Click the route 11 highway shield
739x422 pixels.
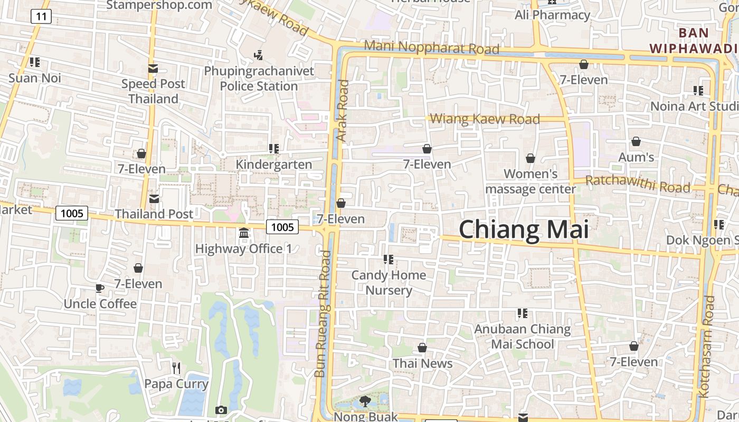click(x=41, y=16)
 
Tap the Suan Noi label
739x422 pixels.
click(x=35, y=78)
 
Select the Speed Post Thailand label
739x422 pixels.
click(x=154, y=91)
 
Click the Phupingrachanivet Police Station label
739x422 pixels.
click(x=259, y=78)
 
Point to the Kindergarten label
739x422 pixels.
click(x=273, y=165)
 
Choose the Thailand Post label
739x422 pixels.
click(x=154, y=214)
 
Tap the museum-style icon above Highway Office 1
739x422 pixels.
click(x=244, y=233)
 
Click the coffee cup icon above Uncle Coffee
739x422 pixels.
click(x=100, y=288)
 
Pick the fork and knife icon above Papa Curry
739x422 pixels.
click(x=176, y=368)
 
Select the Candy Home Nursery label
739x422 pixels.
click(x=389, y=283)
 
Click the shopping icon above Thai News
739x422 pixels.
click(x=422, y=348)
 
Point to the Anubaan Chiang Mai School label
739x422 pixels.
click(x=522, y=337)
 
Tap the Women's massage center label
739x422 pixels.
click(x=530, y=181)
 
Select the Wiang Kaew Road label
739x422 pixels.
click(x=485, y=119)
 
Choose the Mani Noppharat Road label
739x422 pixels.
click(x=431, y=47)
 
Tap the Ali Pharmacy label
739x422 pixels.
click(x=552, y=15)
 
